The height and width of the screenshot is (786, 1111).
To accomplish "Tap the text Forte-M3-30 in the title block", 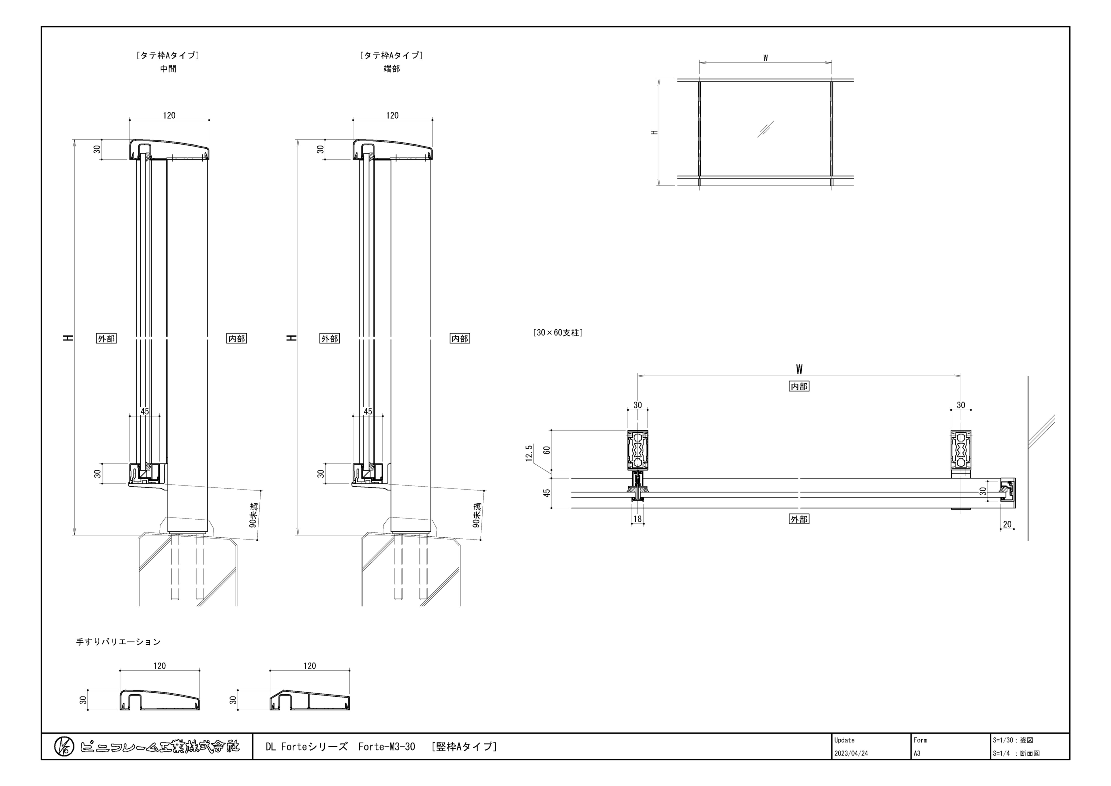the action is [387, 747].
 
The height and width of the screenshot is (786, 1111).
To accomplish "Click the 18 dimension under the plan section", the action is [638, 519].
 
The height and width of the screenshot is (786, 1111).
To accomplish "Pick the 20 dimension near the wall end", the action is [1007, 524].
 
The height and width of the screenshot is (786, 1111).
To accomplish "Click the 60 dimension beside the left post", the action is [547, 450].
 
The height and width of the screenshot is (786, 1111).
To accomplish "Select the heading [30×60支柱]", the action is [558, 333].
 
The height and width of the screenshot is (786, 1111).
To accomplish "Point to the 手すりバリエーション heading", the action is [118, 642].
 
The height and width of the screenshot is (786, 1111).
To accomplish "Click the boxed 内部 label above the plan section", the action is [799, 386].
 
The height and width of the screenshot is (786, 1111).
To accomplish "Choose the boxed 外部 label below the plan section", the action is [799, 519].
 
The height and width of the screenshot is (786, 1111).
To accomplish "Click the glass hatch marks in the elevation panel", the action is [765, 129].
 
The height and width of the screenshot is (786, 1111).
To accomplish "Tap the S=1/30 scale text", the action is [1003, 740].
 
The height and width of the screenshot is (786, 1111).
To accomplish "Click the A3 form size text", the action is [917, 754].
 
